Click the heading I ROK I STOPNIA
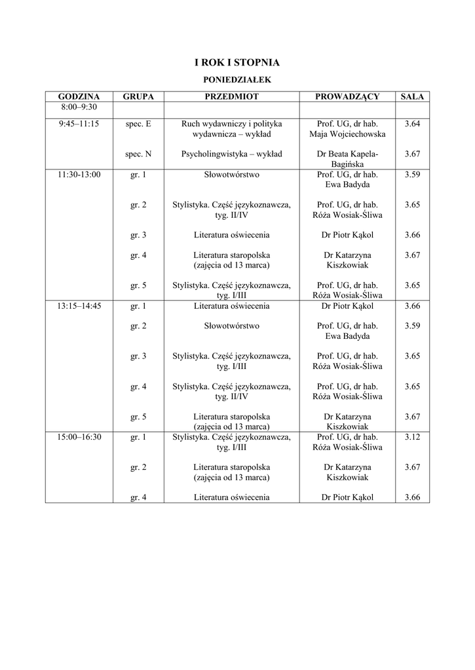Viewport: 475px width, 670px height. (x=237, y=63)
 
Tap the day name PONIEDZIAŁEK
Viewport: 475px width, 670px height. (x=237, y=79)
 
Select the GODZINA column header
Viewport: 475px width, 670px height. (x=79, y=97)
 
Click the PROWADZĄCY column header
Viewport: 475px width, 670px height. (x=347, y=97)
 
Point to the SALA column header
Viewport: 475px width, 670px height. (x=412, y=97)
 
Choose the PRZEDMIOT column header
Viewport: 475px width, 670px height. (x=231, y=97)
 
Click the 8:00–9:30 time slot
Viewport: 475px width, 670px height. (x=79, y=107)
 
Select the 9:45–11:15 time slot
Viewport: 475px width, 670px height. (x=79, y=124)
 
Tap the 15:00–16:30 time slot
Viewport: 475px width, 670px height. (x=79, y=437)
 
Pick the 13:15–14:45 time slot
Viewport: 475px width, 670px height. (x=79, y=306)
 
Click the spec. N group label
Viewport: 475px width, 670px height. (x=138, y=154)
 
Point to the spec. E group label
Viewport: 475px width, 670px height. (x=138, y=124)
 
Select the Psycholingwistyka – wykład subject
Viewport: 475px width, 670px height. (x=231, y=154)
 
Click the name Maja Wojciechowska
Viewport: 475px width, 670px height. (x=347, y=134)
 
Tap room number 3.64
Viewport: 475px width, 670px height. (x=412, y=124)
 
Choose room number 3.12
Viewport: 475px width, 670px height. (x=412, y=437)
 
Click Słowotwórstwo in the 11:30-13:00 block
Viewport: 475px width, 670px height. (x=231, y=175)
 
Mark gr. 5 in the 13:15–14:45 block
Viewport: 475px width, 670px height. (x=138, y=416)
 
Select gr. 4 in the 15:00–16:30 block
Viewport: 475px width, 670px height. (x=138, y=497)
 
